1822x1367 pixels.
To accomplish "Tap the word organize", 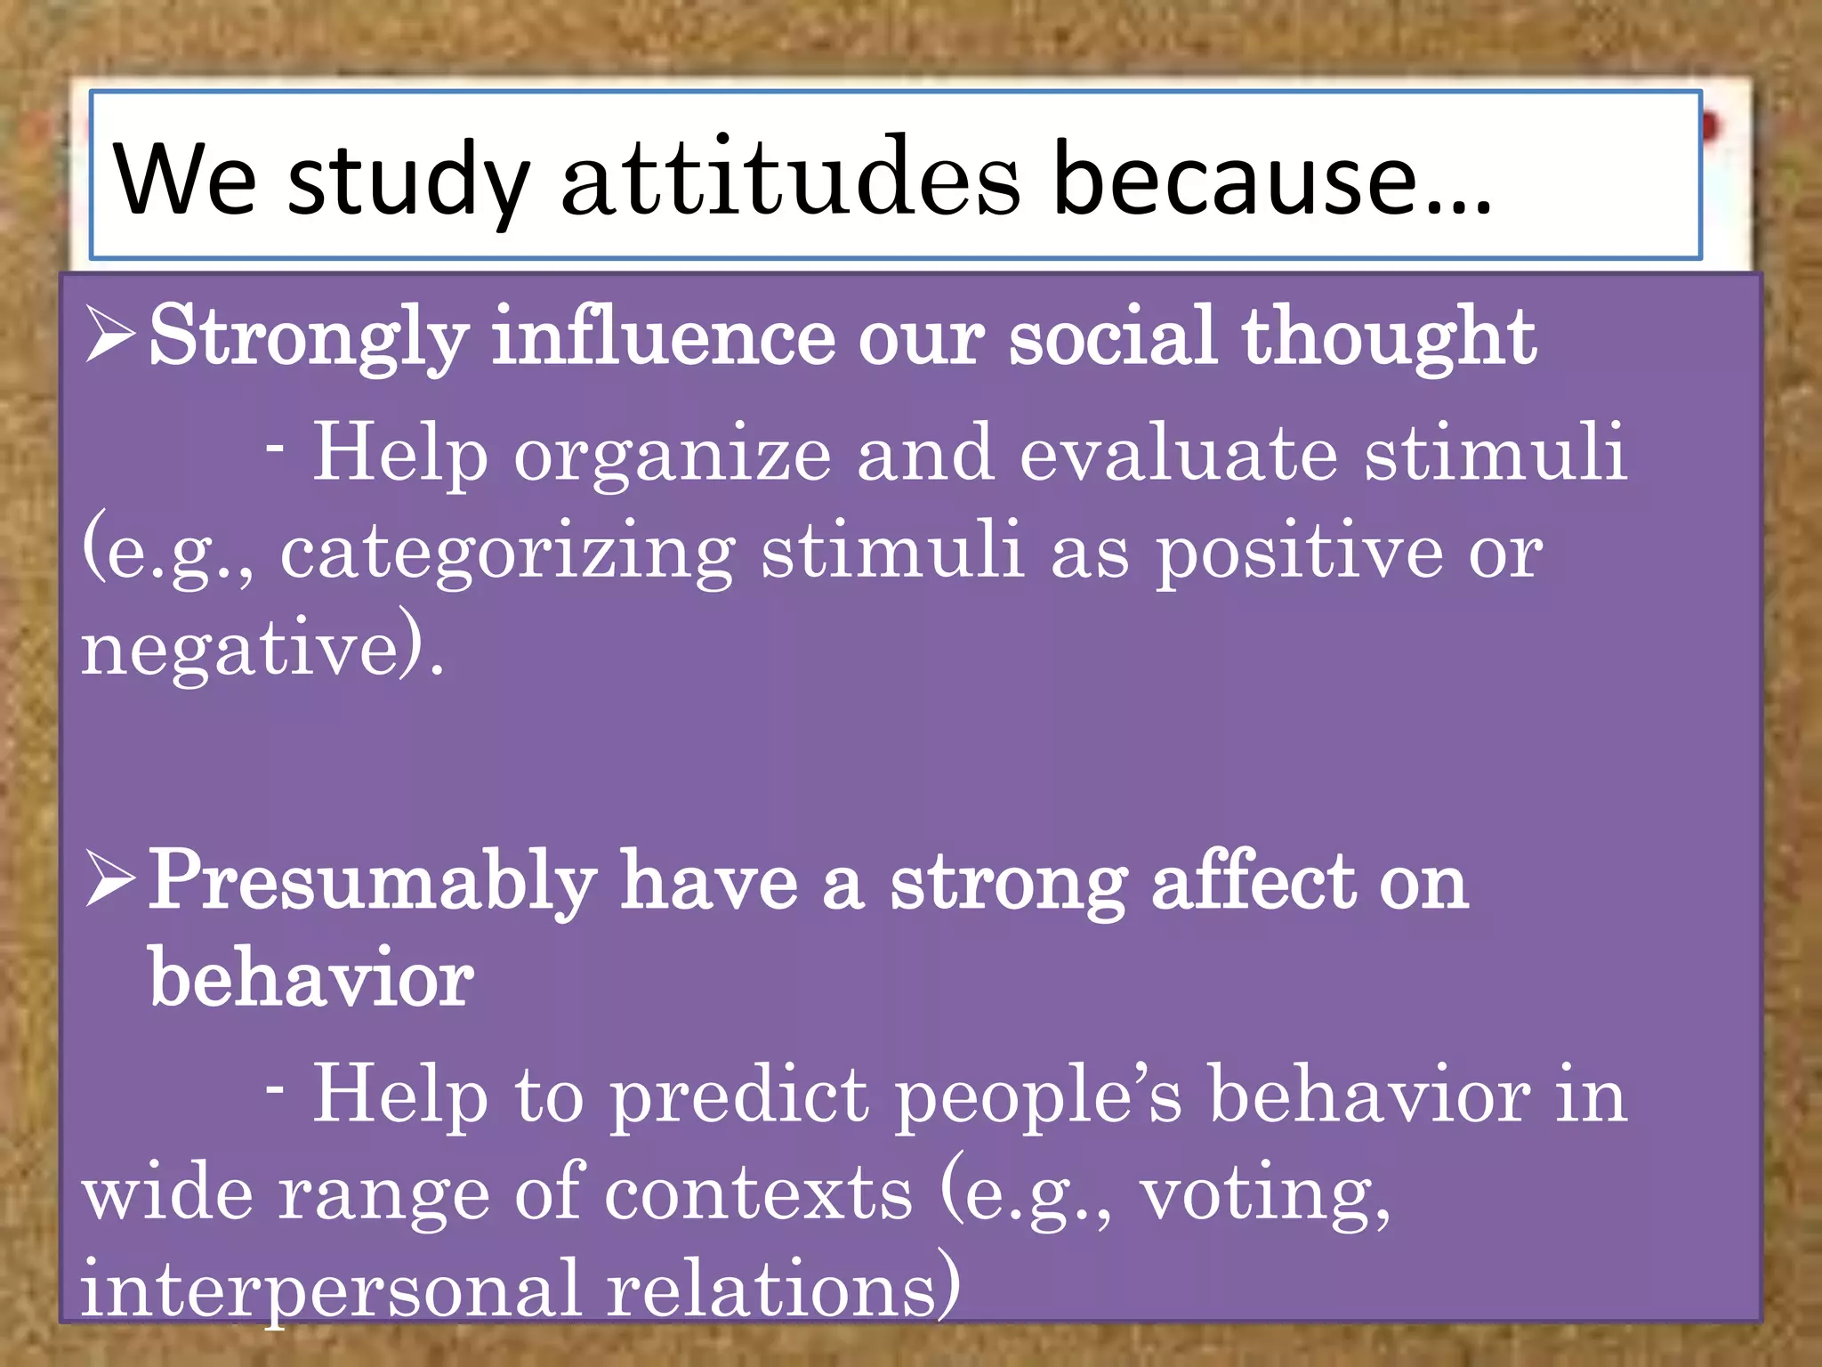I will tap(673, 455).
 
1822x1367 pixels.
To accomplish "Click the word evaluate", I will tap(1179, 453).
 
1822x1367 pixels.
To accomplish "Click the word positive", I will tap(1299, 553).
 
